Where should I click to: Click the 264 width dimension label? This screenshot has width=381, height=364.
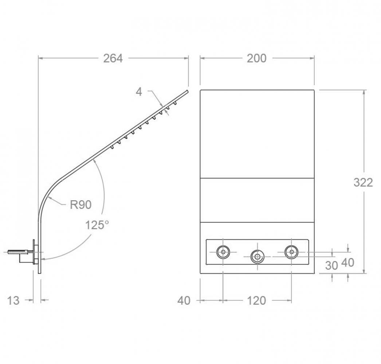coord(113,58)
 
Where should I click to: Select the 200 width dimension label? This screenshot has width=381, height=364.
coord(256,58)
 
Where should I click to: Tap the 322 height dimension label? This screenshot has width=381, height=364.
coord(363,182)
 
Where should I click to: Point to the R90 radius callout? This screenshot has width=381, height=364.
coord(80,205)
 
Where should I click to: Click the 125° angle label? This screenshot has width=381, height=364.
coord(97,225)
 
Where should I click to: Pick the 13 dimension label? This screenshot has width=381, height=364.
coord(13,301)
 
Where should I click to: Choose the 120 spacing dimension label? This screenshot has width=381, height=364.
coord(256,301)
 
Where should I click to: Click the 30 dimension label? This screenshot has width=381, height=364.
coord(332,266)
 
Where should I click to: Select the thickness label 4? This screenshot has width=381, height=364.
coord(139,92)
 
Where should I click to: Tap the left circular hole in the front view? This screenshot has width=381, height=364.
coord(223,252)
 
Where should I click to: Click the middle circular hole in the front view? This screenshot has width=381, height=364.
coord(257,256)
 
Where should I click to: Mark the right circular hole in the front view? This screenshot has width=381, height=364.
coord(292,252)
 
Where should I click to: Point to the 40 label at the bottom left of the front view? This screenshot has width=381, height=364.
coord(184,301)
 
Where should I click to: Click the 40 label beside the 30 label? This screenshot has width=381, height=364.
coord(348,262)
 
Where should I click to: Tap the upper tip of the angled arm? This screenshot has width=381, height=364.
coord(188,91)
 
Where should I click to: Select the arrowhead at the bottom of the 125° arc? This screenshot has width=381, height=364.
coord(44,259)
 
